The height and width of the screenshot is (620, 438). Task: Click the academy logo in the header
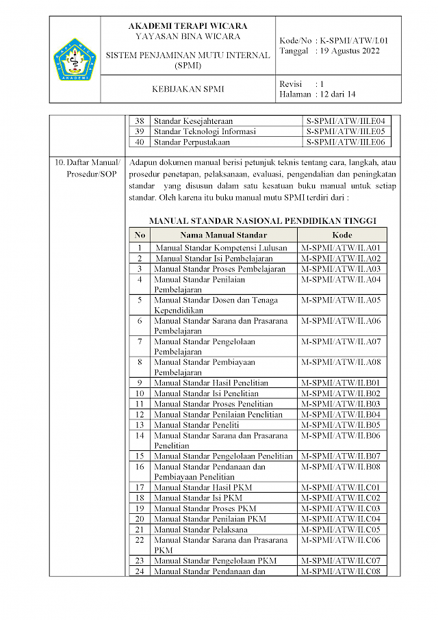pos(75,60)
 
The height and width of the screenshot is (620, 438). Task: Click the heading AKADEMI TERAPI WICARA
pos(187,27)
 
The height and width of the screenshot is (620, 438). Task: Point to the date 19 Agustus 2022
pos(350,51)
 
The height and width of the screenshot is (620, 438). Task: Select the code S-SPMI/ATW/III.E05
pos(346,131)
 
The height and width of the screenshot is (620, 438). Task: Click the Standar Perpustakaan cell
pos(191,142)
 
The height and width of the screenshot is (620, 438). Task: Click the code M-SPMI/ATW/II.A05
pos(341,300)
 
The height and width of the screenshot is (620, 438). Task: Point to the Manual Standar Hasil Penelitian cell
pos(211,383)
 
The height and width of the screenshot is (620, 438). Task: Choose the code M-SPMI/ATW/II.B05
pos(341,425)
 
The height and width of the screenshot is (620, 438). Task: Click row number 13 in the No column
pos(140,425)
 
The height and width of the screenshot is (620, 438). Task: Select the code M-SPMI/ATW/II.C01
pos(341,488)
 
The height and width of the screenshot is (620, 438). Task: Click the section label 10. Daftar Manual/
pos(88,162)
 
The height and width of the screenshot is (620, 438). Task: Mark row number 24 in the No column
pos(140,571)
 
